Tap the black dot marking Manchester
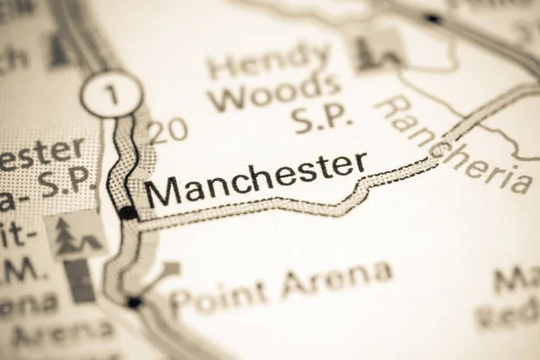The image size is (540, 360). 129,213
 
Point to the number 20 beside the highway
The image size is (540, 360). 168,131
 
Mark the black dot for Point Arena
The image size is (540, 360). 134,302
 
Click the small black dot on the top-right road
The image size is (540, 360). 433,18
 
